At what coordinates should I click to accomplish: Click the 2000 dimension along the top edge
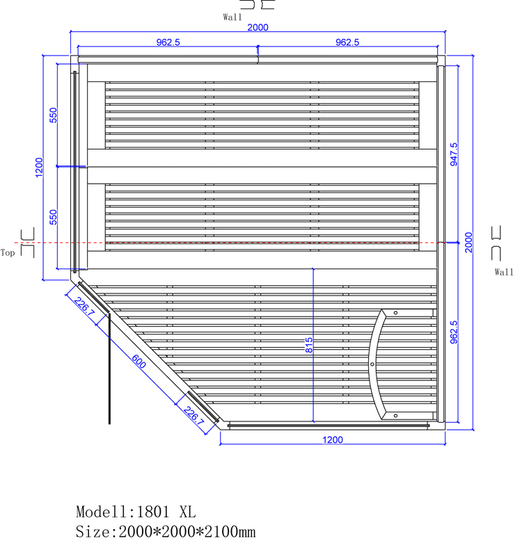[258, 27]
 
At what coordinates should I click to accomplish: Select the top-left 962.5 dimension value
[168, 42]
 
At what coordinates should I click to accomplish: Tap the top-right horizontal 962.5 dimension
[347, 42]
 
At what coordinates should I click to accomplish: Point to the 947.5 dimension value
[454, 154]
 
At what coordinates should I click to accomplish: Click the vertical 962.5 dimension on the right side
[454, 332]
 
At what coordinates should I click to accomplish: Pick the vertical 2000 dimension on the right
[468, 242]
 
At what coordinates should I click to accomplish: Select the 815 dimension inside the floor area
[309, 345]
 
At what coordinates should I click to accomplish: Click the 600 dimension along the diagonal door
[139, 361]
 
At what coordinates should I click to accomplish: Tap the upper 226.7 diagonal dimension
[84, 307]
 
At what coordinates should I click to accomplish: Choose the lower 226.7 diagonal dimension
[193, 415]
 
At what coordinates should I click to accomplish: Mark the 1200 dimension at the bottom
[333, 440]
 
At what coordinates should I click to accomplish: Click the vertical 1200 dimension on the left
[39, 167]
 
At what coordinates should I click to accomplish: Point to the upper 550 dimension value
[53, 115]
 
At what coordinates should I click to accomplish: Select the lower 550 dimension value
[53, 217]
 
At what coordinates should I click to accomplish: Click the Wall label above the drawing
[232, 17]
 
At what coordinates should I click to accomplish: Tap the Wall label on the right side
[504, 272]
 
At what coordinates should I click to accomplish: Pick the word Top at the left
[8, 252]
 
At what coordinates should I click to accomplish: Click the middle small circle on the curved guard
[372, 364]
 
